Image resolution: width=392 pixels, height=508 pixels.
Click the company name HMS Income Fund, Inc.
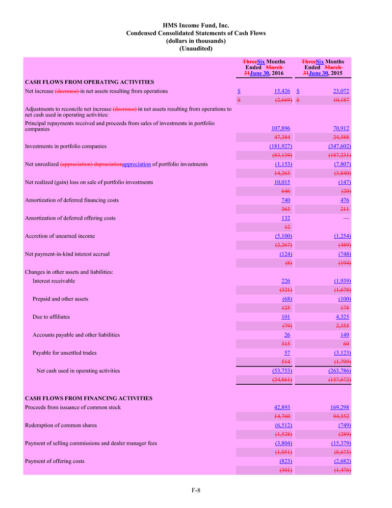pyautogui.click(x=196, y=25)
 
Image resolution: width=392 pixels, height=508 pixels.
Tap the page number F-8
pyautogui.click(x=196, y=490)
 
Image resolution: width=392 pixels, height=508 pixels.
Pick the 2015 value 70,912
pyautogui.click(x=340, y=129)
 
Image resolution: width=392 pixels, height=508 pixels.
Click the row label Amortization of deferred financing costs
pyautogui.click(x=72, y=200)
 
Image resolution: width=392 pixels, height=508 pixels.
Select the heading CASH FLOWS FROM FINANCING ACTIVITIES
pyautogui.click(x=88, y=398)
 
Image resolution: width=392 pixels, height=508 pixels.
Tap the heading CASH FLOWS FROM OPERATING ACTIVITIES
pyautogui.click(x=89, y=82)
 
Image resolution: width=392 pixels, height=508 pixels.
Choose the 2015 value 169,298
pyautogui.click(x=340, y=407)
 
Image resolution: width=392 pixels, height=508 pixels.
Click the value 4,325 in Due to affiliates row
pyautogui.click(x=342, y=317)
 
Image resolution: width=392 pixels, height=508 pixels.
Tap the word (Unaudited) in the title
pyautogui.click(x=196, y=49)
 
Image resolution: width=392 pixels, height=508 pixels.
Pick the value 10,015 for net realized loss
pyautogui.click(x=282, y=182)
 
